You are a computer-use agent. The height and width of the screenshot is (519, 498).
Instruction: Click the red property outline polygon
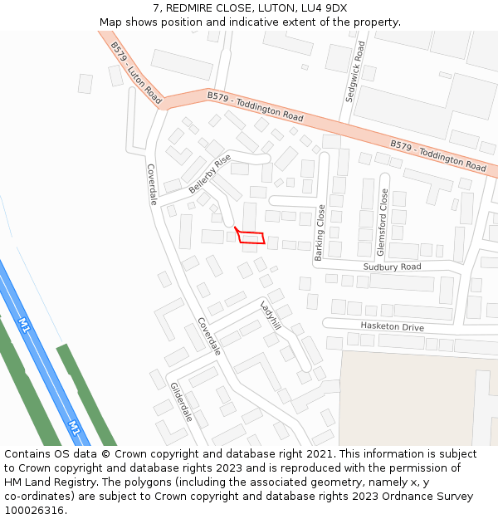click(x=251, y=237)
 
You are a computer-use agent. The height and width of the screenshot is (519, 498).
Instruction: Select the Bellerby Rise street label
click(x=209, y=173)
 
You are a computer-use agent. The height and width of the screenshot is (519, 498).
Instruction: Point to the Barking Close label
click(x=320, y=233)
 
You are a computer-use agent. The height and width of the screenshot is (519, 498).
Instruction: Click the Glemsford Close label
click(x=383, y=222)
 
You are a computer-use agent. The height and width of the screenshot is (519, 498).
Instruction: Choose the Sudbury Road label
click(x=392, y=267)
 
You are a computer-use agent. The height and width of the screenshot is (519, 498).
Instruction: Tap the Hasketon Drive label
click(x=392, y=327)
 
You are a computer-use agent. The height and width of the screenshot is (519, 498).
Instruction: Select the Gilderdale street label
click(x=181, y=402)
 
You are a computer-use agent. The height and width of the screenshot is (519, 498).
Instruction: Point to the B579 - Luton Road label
click(x=135, y=73)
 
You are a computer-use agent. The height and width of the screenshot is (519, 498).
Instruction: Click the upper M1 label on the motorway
click(x=24, y=325)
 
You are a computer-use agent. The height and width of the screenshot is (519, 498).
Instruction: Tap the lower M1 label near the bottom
click(x=74, y=428)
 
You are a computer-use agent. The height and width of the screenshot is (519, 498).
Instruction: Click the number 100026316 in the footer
click(x=33, y=511)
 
